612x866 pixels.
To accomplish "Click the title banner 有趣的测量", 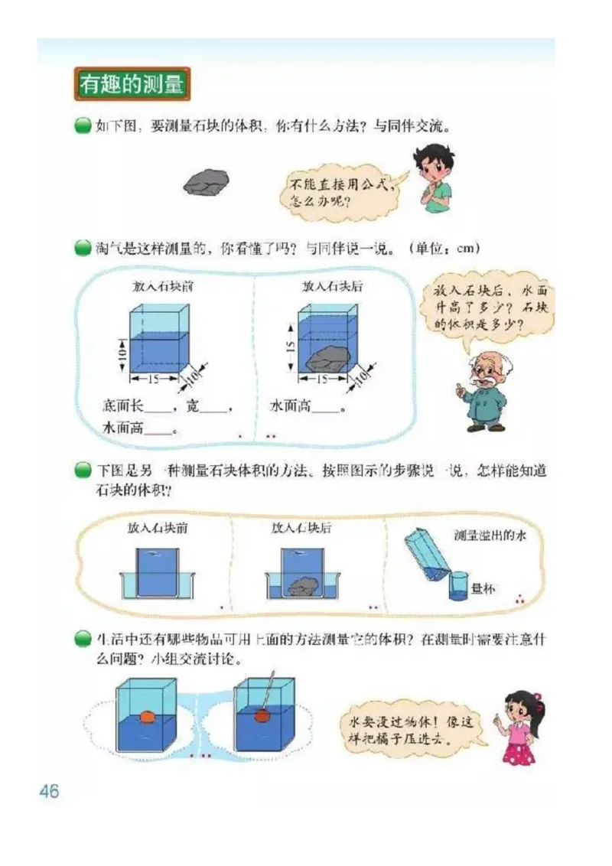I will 132,84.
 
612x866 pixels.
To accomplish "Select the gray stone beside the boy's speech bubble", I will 206,183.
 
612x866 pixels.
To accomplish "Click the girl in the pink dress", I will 522,726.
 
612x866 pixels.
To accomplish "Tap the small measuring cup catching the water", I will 457,586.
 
